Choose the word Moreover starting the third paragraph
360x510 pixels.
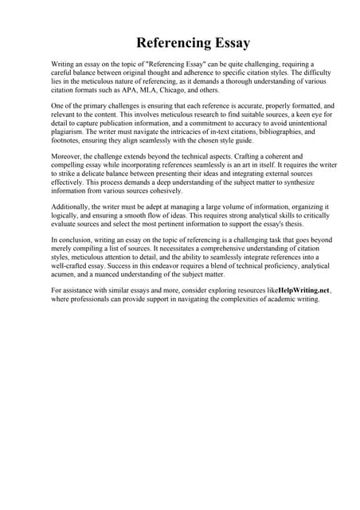coord(70,156)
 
